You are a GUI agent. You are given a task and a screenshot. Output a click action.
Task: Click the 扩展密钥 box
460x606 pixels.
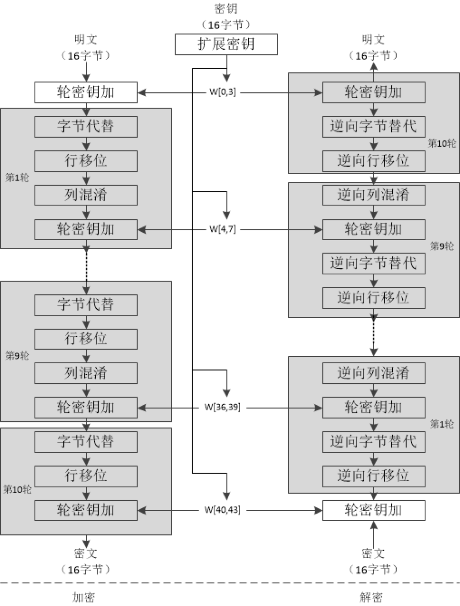point(226,44)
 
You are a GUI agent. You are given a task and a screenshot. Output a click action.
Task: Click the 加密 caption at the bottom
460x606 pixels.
point(84,597)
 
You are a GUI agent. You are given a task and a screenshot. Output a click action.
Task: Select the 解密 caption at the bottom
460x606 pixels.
point(371,597)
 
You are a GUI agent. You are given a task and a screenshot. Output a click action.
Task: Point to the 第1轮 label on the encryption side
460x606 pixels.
point(17,178)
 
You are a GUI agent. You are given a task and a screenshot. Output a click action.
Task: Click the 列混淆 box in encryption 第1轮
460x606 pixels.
point(86,195)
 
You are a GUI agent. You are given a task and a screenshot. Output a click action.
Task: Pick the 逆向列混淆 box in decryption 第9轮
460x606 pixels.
point(374,195)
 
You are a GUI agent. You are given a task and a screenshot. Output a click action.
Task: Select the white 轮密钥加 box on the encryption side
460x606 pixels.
point(86,92)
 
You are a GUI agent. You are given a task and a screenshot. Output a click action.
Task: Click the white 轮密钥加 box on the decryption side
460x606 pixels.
point(374,510)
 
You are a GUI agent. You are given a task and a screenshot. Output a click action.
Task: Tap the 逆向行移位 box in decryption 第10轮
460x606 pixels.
point(374,161)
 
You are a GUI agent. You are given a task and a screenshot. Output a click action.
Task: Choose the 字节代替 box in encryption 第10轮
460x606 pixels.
point(86,442)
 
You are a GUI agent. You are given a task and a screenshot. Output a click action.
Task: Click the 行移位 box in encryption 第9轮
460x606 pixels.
point(86,339)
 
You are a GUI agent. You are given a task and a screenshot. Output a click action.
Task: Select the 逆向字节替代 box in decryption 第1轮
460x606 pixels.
point(374,442)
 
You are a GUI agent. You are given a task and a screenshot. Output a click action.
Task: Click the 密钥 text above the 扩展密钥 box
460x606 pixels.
point(226,9)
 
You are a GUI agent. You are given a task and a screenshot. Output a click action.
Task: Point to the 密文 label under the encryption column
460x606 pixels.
point(86,553)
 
